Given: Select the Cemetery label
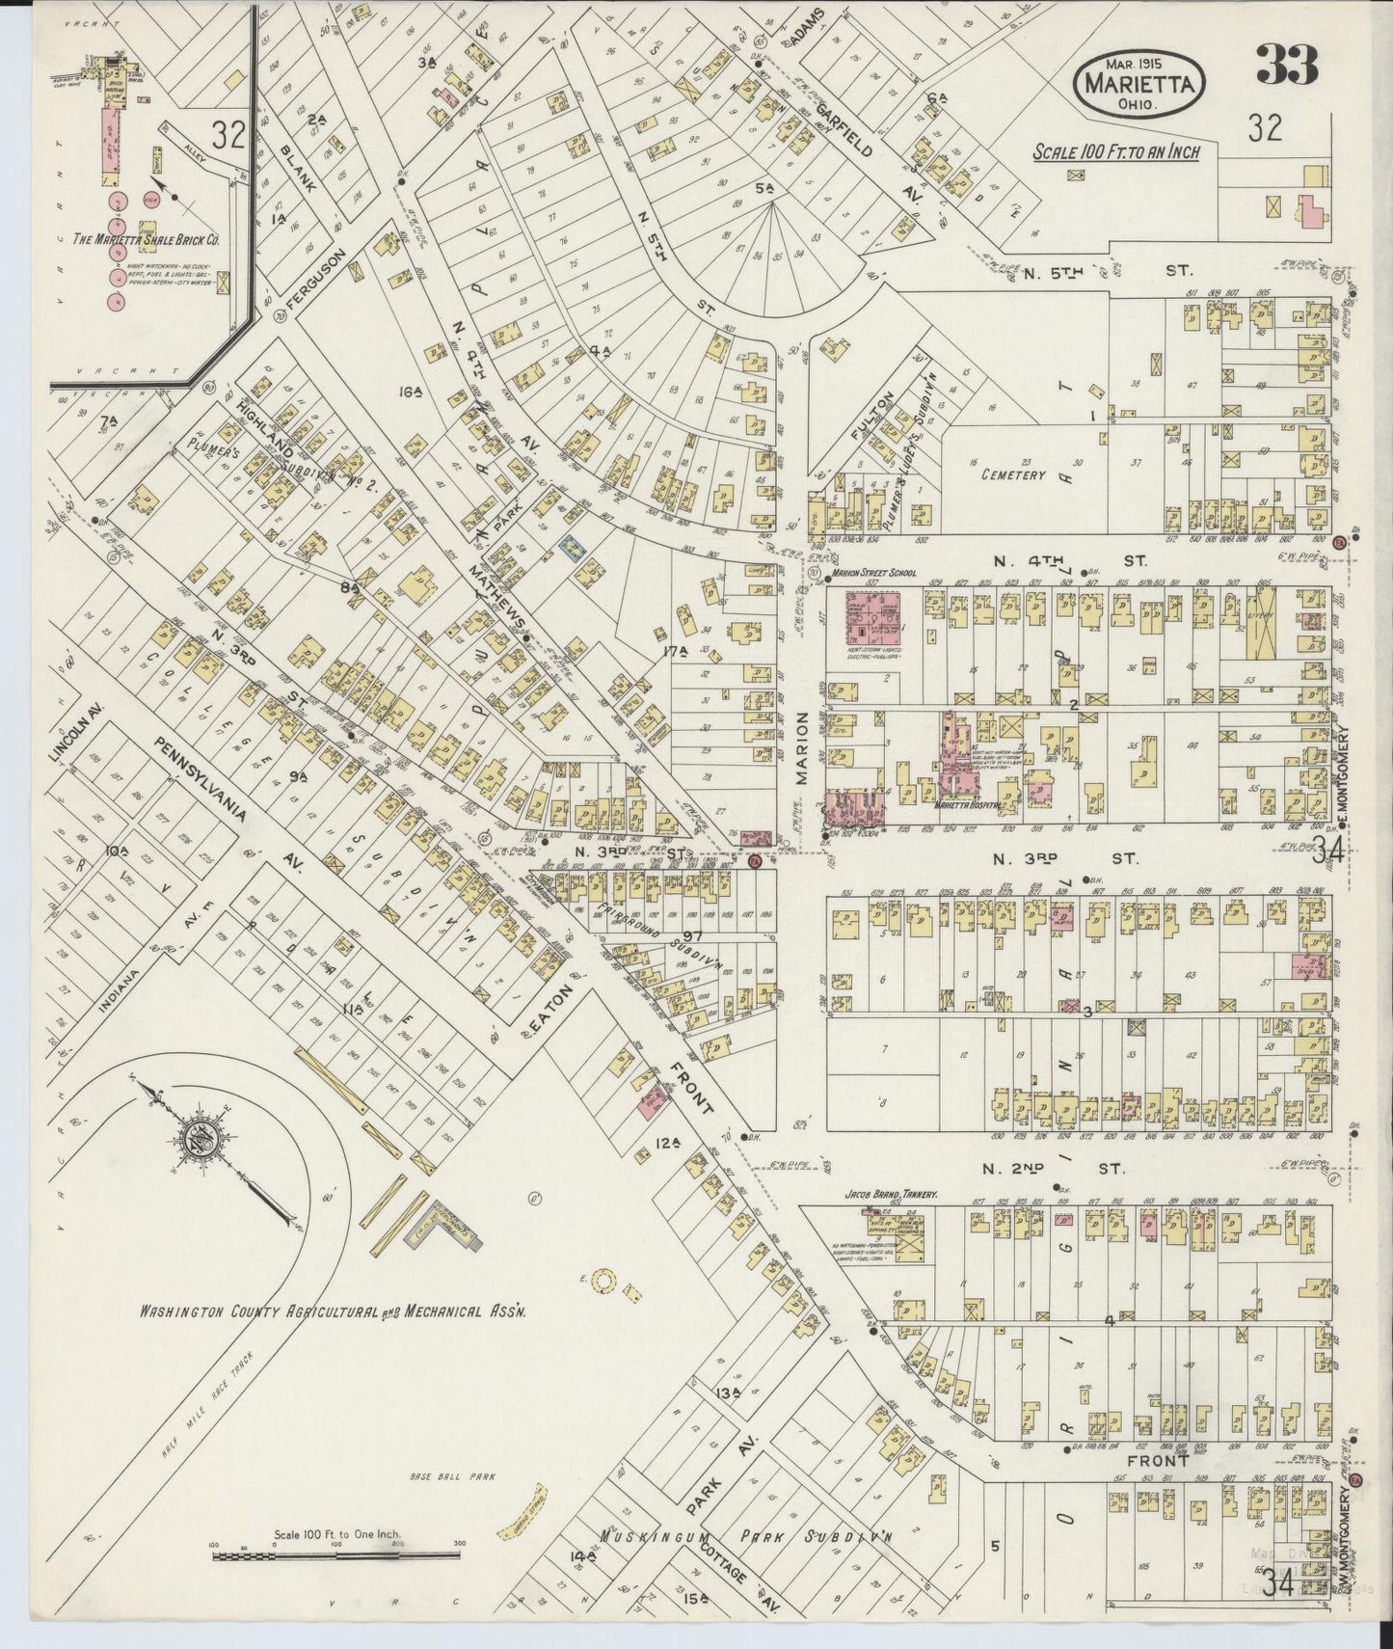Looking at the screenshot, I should [x=1013, y=475].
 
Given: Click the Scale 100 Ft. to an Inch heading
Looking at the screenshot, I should [x=1116, y=153].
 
